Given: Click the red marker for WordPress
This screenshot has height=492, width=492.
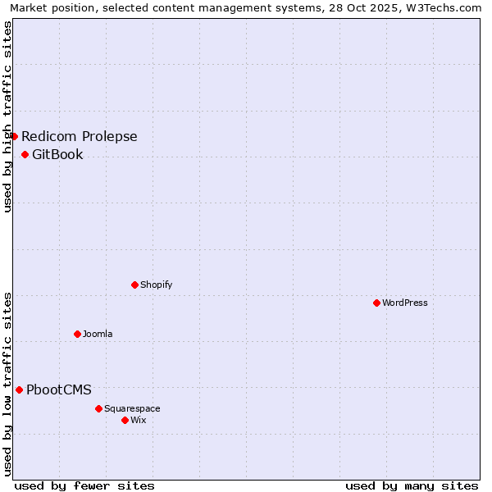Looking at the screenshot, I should (376, 303).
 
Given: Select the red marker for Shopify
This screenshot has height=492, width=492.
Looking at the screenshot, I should (134, 285).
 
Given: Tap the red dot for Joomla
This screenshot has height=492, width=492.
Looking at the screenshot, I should (77, 334).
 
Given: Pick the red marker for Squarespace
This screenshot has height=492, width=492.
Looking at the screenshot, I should (98, 408).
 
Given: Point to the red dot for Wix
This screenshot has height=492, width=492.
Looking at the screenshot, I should (125, 420).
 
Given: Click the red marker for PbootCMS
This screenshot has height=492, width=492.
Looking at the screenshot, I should (19, 389).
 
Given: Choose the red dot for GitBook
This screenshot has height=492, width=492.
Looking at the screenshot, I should (25, 154).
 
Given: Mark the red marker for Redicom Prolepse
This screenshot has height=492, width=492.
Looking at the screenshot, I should (14, 136).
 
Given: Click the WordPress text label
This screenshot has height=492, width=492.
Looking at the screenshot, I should (405, 303).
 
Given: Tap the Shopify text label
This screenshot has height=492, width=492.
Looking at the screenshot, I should (156, 285).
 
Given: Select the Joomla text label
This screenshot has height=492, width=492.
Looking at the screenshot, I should (98, 334).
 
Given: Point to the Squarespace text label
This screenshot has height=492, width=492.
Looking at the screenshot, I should (132, 408).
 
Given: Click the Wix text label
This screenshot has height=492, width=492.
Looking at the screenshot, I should (139, 420).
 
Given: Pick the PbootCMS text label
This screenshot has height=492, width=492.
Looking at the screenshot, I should (59, 389).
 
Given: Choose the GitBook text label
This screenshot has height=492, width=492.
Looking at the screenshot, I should (57, 154).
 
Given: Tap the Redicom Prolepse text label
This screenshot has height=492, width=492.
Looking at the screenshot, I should (80, 136).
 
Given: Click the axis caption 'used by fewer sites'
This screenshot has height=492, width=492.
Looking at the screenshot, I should (84, 485).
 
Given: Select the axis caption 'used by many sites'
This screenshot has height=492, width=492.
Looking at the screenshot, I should (412, 485).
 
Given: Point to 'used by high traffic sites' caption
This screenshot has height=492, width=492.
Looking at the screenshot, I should (8, 116).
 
